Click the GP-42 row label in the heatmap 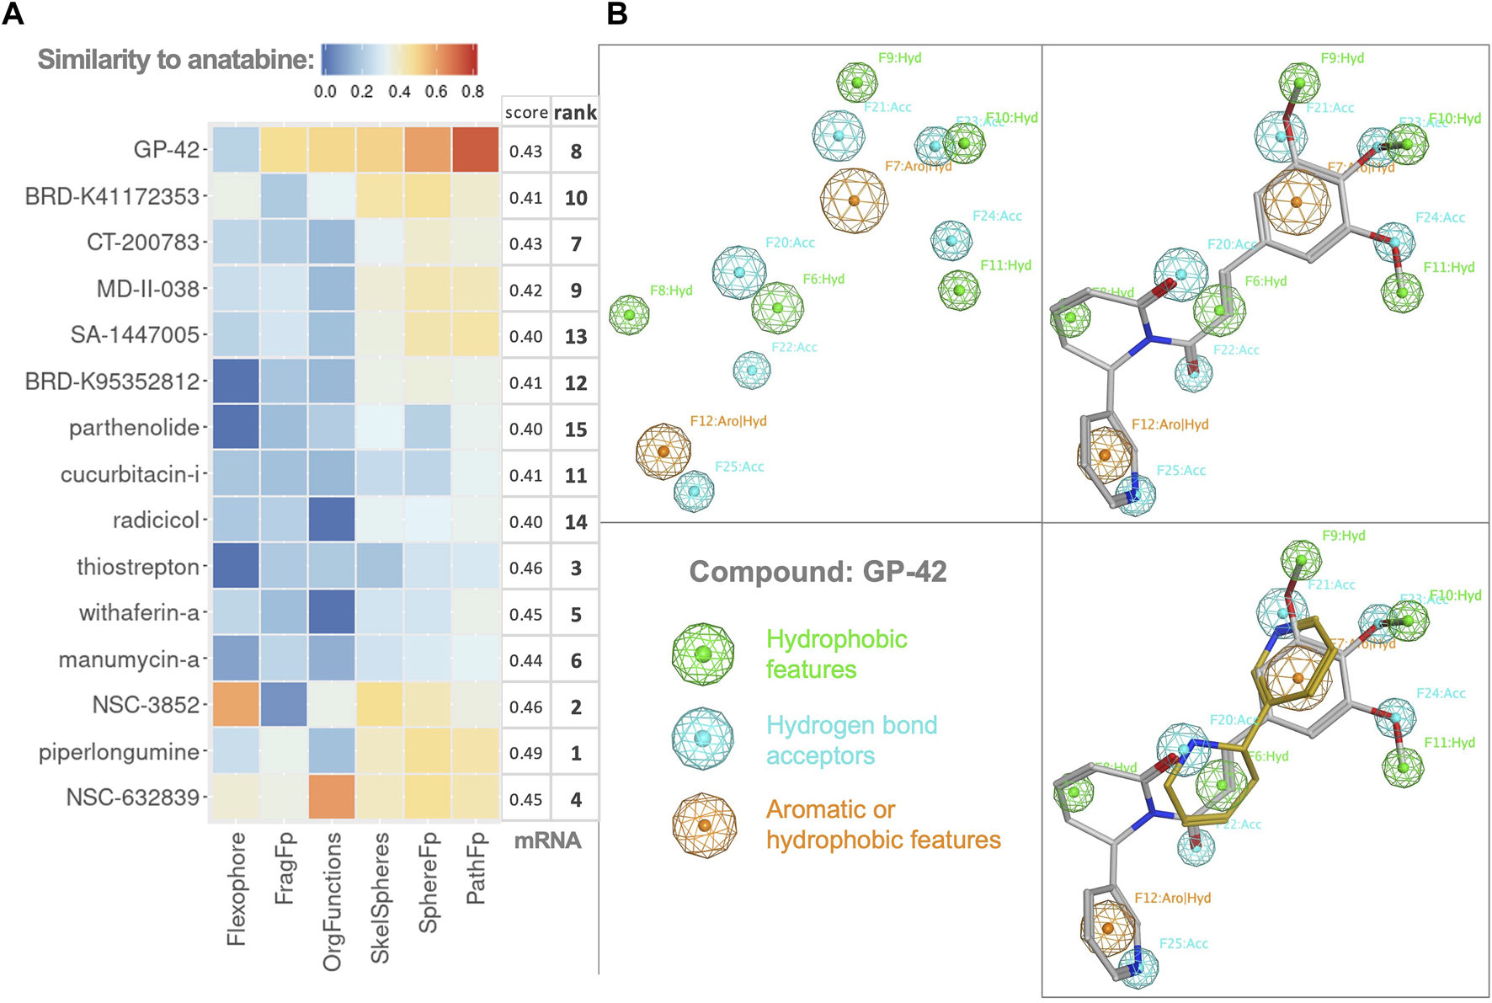167,150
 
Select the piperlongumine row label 119,752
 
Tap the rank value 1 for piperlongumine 576,753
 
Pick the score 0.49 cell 525,753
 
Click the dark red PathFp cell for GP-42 476,150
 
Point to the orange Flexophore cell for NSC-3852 236,706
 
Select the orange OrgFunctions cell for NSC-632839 332,798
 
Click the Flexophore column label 237,888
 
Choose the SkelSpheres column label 380,897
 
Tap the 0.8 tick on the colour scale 472,91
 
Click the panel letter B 617,14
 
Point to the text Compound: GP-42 818,572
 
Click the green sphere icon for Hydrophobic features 703,654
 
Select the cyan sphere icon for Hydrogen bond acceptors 703,739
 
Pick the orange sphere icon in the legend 704,824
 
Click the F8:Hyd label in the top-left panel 671,291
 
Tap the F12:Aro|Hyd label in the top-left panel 728,421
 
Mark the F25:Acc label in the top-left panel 739,467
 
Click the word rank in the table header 575,113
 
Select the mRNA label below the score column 547,840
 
